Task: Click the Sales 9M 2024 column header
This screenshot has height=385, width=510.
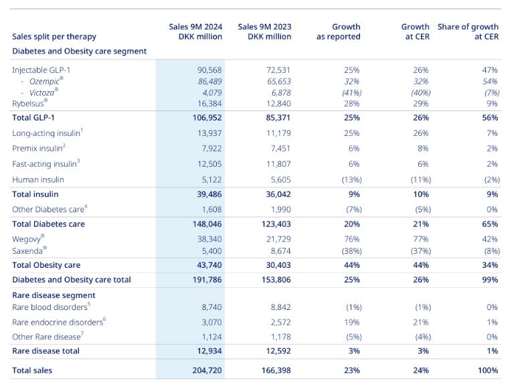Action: (195, 31)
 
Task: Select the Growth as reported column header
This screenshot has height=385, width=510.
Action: (339, 31)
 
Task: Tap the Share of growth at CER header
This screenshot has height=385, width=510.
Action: (468, 31)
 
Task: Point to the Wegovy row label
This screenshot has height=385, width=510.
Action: (29, 238)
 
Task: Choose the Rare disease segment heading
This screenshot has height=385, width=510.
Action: (54, 295)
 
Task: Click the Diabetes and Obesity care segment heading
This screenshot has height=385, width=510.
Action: (79, 51)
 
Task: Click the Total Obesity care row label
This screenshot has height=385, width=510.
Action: (46, 265)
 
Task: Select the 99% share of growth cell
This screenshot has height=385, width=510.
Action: (489, 279)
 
